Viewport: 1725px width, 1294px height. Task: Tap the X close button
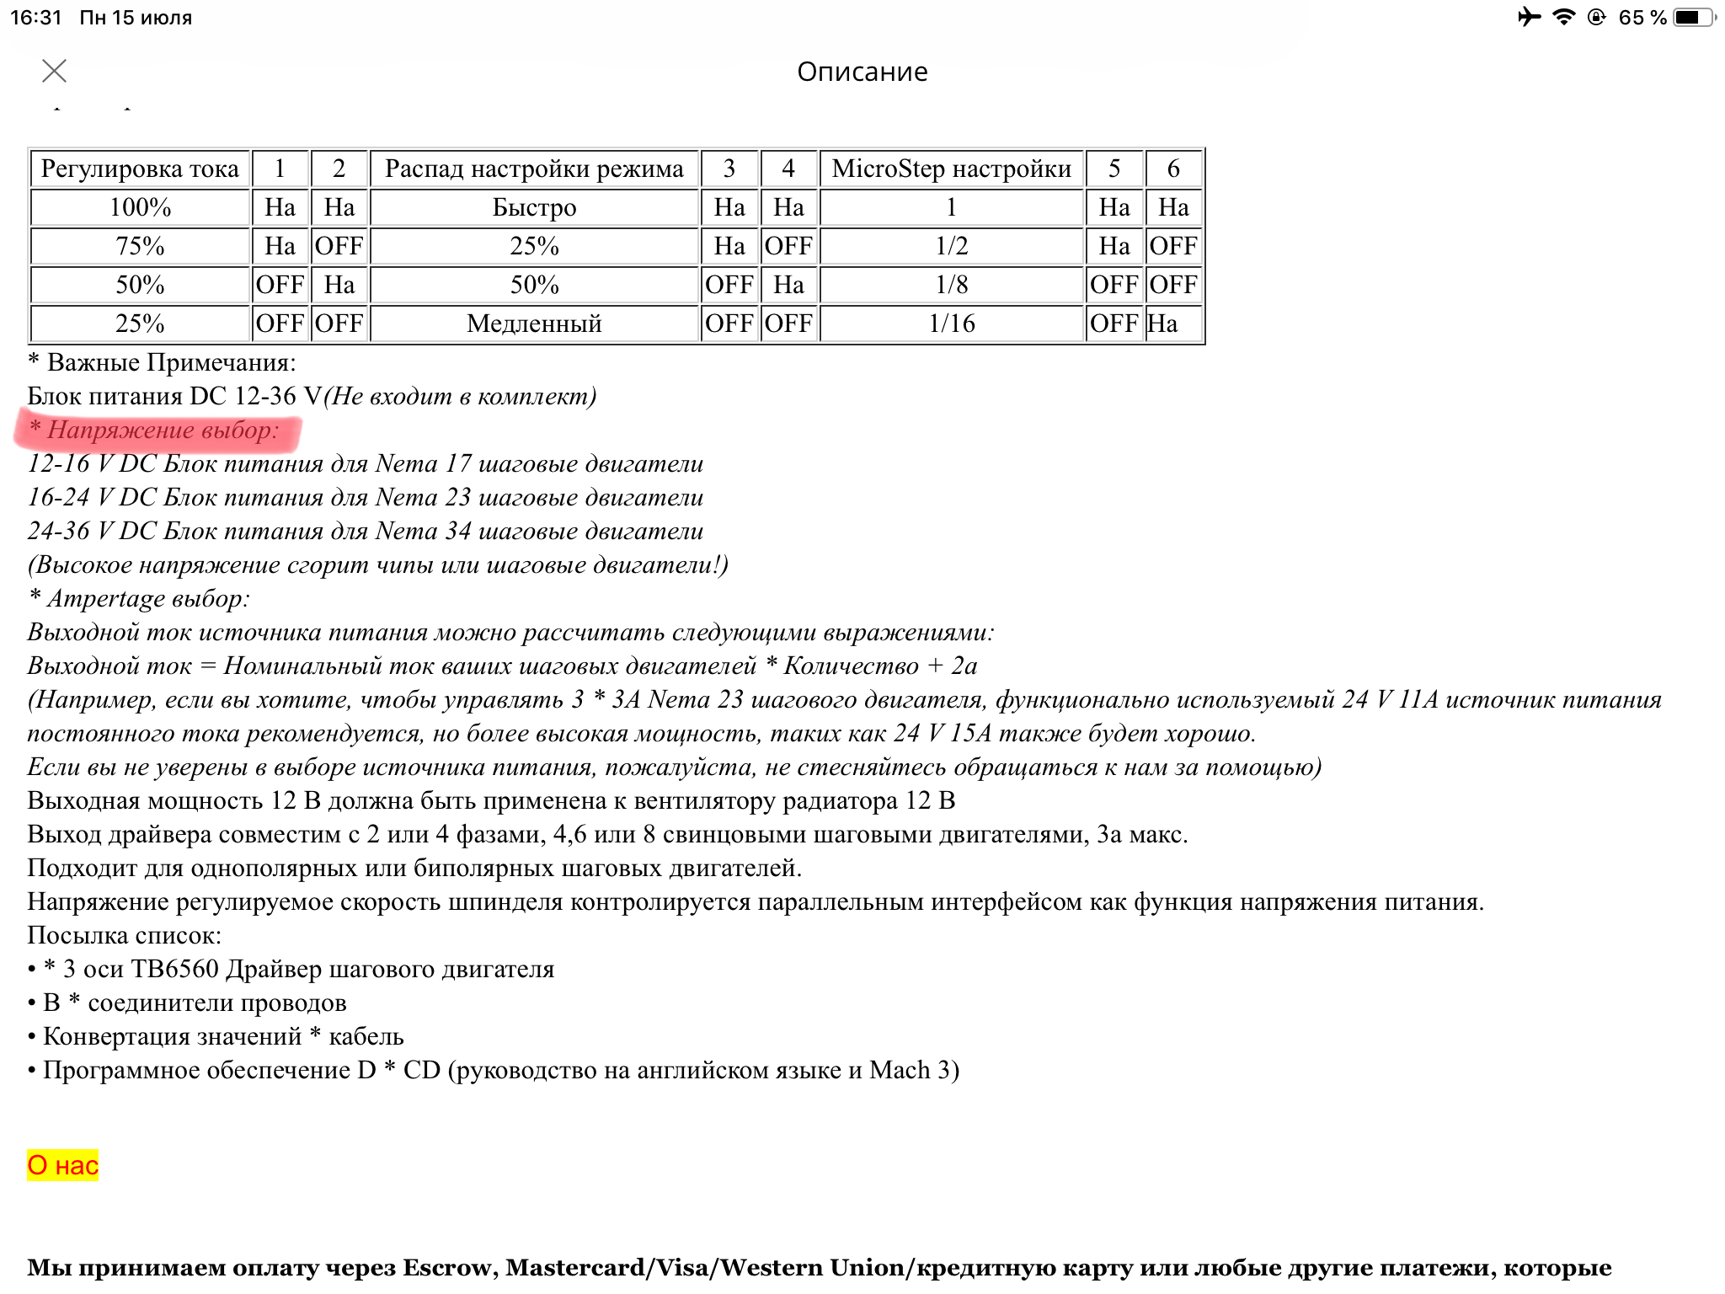tap(55, 71)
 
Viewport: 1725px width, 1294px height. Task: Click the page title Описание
tap(862, 72)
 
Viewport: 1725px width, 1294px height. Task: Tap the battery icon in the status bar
tap(1693, 17)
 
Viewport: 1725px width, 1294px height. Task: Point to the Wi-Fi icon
tap(1563, 17)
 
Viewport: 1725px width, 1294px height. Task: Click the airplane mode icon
tap(1529, 17)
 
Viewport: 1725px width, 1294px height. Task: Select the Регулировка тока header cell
tap(140, 168)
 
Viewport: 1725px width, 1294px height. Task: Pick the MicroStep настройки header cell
tap(951, 168)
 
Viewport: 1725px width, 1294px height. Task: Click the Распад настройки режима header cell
tap(534, 168)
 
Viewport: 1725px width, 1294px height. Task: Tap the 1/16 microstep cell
tap(951, 323)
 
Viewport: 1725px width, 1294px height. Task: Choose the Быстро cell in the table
tap(534, 207)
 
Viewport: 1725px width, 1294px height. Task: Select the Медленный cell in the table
tap(534, 323)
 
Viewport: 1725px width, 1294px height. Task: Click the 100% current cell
tap(140, 207)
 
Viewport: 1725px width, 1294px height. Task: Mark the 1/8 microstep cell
tap(951, 285)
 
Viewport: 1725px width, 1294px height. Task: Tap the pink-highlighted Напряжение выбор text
tap(160, 430)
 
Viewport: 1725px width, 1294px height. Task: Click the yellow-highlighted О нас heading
tap(63, 1165)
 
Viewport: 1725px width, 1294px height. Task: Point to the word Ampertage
tap(106, 599)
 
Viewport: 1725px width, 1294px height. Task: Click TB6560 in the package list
tap(175, 970)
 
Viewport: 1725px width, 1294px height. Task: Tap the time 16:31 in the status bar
tap(36, 17)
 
